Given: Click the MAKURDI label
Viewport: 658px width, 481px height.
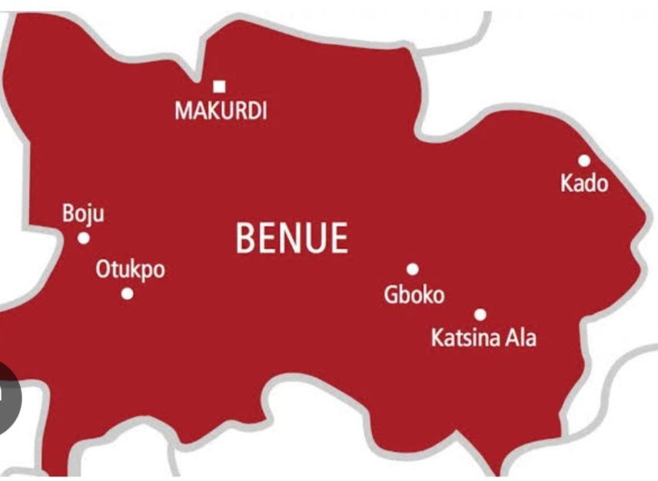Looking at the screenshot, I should [x=221, y=111].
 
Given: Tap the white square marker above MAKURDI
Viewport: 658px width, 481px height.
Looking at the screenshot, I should [x=220, y=86].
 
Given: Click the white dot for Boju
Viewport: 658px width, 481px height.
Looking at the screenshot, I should [x=84, y=238].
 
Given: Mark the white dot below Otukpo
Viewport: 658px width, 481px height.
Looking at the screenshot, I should [x=128, y=293].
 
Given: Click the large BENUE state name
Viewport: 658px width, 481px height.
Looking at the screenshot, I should [x=291, y=238].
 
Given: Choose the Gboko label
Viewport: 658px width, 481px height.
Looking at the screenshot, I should [x=414, y=295].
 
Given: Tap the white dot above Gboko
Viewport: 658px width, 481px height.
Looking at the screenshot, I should [x=413, y=269].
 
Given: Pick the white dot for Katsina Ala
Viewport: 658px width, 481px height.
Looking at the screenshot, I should [x=480, y=314].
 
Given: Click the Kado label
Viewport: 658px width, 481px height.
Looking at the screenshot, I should [x=584, y=184].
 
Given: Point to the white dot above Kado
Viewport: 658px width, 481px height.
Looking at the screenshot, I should [x=584, y=160].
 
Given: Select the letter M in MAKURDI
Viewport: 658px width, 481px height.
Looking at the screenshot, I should [x=182, y=111].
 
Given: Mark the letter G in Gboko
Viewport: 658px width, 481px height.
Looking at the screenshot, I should [x=391, y=295].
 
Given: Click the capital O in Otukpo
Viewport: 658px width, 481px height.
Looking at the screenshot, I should [x=103, y=270].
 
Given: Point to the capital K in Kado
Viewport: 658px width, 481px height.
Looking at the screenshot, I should [x=567, y=184].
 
